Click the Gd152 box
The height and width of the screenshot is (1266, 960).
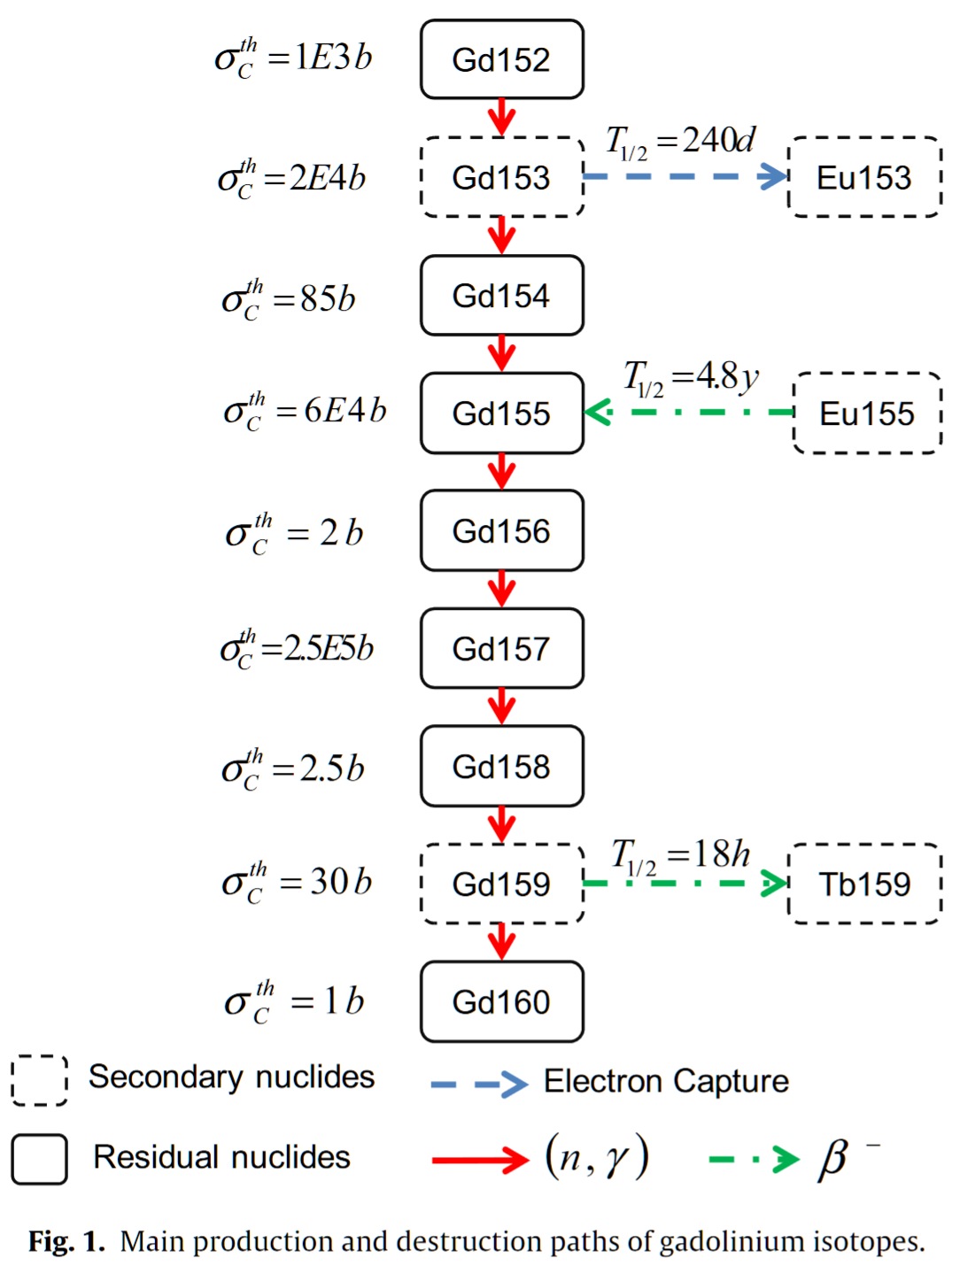click(x=501, y=59)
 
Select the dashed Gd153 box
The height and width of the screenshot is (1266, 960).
click(x=501, y=177)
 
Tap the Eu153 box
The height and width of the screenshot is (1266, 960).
click(x=863, y=177)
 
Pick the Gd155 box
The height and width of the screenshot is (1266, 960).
click(x=501, y=413)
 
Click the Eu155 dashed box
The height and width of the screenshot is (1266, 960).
click(x=867, y=413)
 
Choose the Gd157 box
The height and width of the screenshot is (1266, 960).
click(x=501, y=649)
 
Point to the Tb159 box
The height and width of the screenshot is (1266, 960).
click(x=863, y=884)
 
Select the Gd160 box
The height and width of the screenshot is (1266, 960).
click(x=501, y=1001)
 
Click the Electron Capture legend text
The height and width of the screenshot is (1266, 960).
click(x=666, y=1081)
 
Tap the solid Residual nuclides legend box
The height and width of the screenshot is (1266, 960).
click(x=39, y=1159)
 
